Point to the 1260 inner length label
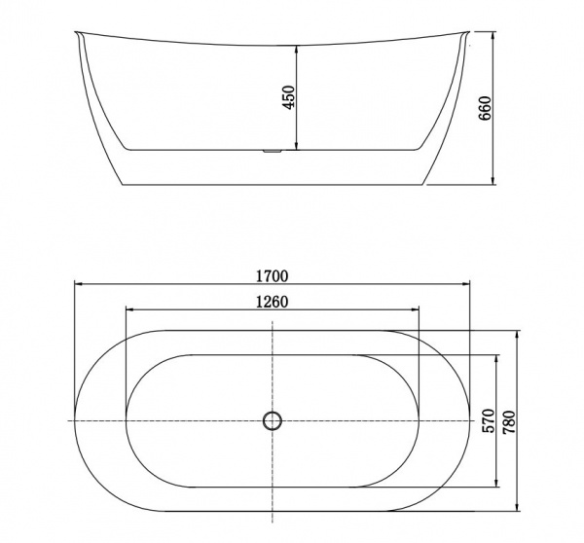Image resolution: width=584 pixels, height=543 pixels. (x=273, y=301)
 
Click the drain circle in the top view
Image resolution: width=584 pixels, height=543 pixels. (x=273, y=420)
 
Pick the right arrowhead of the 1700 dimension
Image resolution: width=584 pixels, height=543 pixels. (x=465, y=284)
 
